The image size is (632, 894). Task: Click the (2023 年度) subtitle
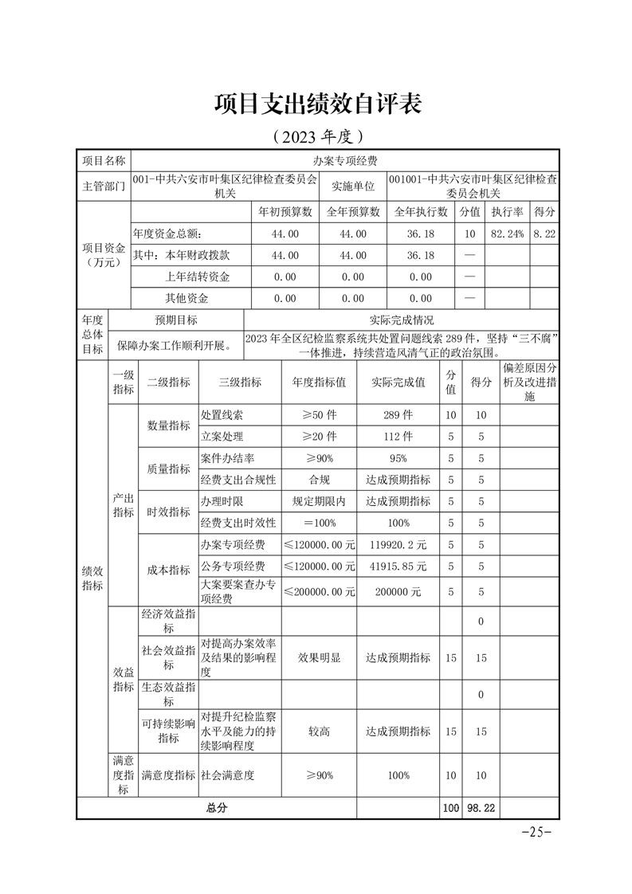coord(316,136)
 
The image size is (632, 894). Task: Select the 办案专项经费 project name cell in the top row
coord(345,160)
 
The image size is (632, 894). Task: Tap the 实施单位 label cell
coord(353,186)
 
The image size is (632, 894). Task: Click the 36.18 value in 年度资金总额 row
coord(420,233)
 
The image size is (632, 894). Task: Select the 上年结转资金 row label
coord(197,276)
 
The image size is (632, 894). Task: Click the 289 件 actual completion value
coord(398,415)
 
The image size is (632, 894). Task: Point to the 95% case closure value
coord(398,458)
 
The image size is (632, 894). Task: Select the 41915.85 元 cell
coord(398,566)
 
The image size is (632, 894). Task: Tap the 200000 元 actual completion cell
coord(398,592)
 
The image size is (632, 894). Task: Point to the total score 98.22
coord(481,807)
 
